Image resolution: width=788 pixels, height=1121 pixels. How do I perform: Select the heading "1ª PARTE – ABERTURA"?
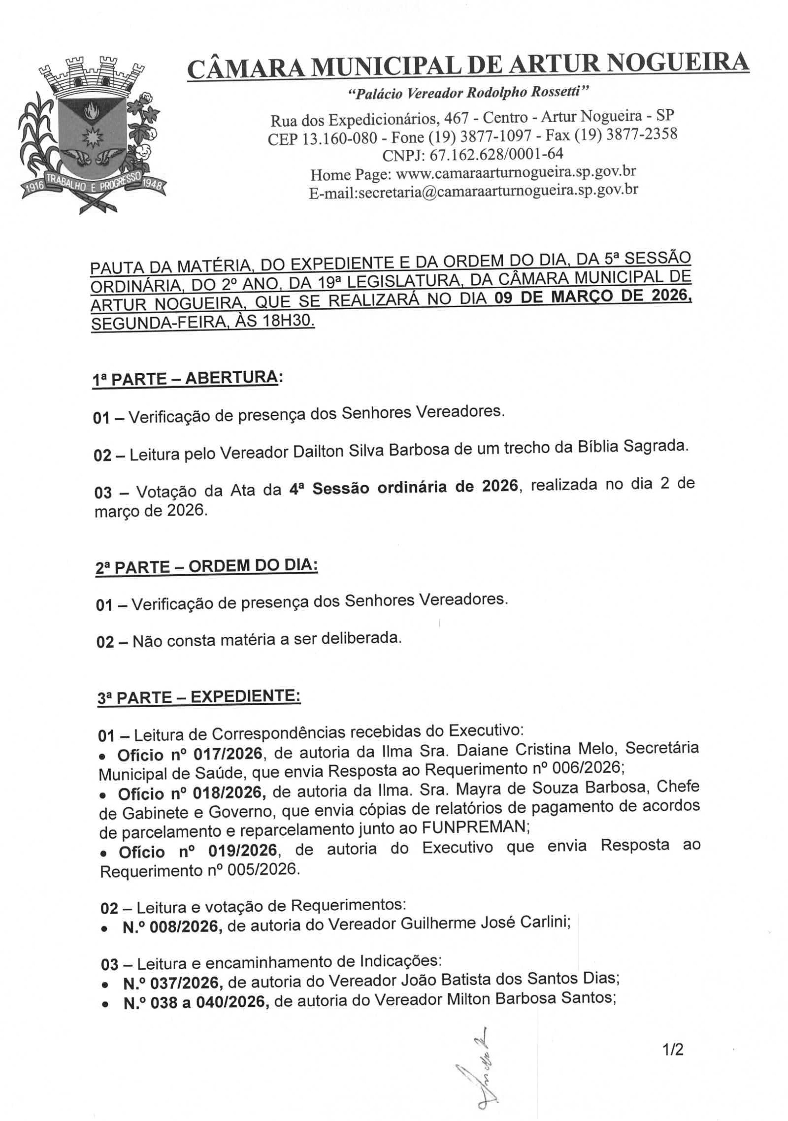tap(186, 379)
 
